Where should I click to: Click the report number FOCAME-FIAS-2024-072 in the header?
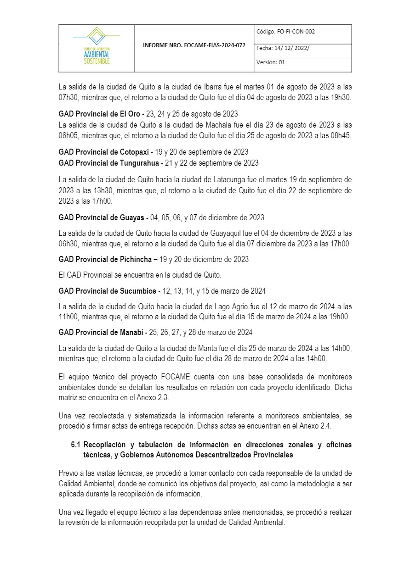click(x=194, y=46)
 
